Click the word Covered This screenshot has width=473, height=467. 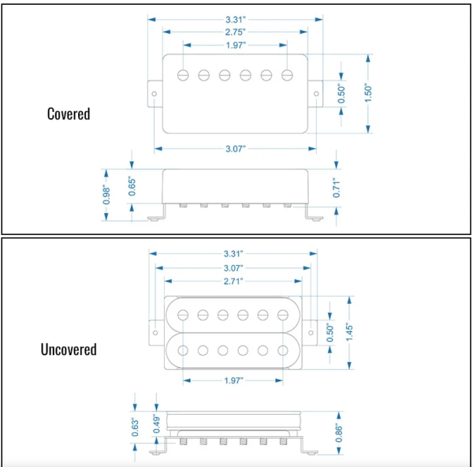[x=69, y=114]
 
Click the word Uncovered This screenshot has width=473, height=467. [x=69, y=349]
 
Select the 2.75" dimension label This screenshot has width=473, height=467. [x=235, y=32]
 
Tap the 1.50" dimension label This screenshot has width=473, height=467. [x=368, y=93]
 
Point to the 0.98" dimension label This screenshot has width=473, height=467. [x=106, y=195]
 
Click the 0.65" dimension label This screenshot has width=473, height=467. [x=132, y=186]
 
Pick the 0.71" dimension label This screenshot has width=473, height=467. [x=337, y=188]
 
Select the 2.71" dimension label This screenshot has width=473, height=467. [x=233, y=282]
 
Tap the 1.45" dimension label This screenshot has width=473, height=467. [x=349, y=332]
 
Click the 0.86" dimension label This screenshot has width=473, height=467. [x=339, y=434]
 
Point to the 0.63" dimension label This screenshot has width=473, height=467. [x=135, y=427]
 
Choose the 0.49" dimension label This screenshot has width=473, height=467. [x=157, y=424]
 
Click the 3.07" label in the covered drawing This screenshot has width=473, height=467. [x=236, y=149]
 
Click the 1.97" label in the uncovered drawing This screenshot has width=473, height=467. [x=233, y=380]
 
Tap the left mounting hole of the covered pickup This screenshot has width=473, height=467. [x=155, y=94]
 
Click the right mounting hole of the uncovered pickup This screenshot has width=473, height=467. [x=311, y=333]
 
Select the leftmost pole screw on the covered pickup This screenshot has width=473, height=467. [x=183, y=75]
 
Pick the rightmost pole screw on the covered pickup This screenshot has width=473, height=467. [x=287, y=75]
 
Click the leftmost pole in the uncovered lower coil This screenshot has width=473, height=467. [x=183, y=350]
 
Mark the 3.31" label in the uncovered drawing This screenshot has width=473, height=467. [x=233, y=254]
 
